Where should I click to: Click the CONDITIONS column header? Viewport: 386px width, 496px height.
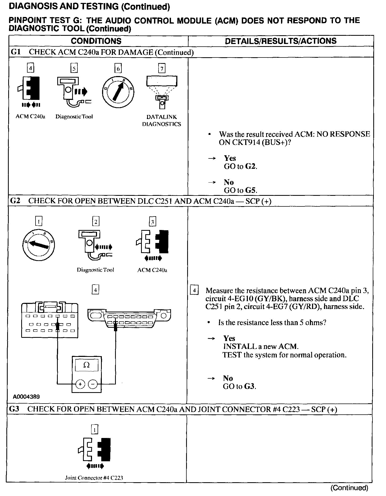coord(96,41)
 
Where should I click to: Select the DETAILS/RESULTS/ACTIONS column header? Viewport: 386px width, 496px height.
coord(280,41)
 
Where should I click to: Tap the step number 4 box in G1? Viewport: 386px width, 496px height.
coord(30,69)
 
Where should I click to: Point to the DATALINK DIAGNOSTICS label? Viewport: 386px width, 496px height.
coord(161,121)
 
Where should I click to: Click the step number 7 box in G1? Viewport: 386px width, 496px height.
coord(161,69)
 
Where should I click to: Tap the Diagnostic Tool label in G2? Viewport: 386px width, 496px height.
coord(95,270)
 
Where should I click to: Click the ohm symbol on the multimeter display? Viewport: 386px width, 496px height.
coord(86,365)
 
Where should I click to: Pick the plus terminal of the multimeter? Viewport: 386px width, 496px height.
coord(80,384)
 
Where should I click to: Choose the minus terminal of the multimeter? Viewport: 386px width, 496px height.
coord(93,384)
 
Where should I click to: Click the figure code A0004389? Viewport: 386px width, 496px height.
coord(26,397)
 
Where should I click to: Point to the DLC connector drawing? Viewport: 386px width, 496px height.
coord(129,318)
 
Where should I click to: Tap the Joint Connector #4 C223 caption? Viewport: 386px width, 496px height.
coord(94,478)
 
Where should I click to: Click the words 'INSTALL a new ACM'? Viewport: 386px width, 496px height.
coord(261,347)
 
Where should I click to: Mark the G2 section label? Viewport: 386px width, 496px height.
coord(15,201)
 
